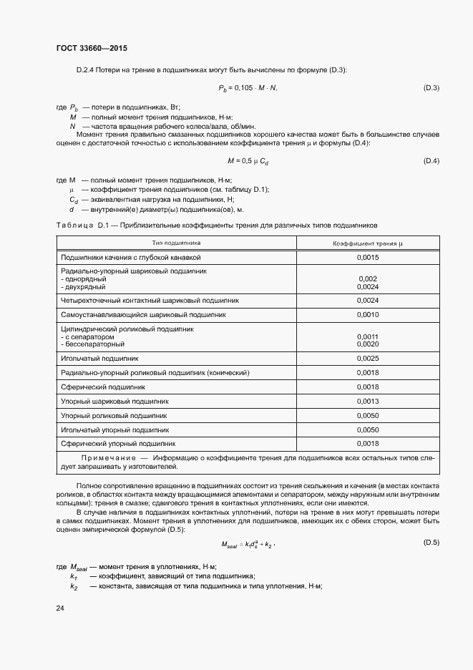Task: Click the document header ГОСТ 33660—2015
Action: click(92, 48)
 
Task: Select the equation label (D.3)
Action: click(431, 88)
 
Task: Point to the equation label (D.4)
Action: click(431, 161)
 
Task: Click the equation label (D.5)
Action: click(431, 543)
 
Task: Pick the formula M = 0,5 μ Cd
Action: click(248, 161)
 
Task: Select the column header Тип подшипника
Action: click(176, 243)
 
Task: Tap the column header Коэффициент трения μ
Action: click(368, 243)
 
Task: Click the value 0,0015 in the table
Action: click(368, 257)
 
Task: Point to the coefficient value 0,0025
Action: click(368, 358)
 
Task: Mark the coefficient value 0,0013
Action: click(368, 401)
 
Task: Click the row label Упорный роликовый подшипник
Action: click(114, 415)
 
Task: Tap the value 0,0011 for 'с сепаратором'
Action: click(368, 336)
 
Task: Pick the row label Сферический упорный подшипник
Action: click(118, 444)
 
